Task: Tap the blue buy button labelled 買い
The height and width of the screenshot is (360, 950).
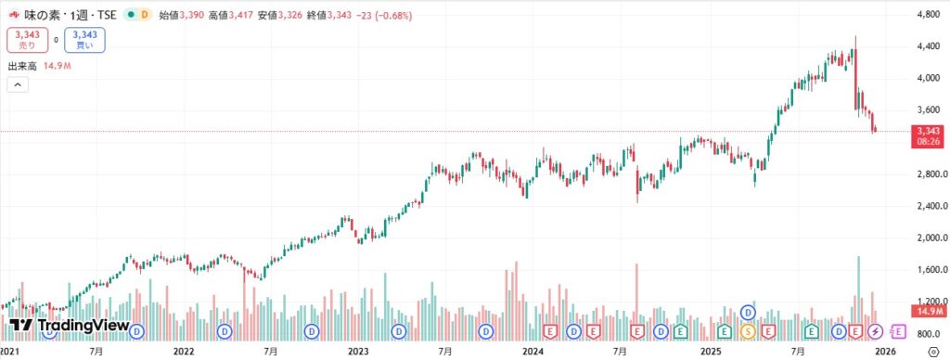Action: [84, 40]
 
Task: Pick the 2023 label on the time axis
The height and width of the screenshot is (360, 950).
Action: [358, 352]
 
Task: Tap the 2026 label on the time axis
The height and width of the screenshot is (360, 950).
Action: [885, 352]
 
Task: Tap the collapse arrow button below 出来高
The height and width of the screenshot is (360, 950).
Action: [18, 85]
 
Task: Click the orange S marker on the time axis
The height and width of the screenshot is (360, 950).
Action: [747, 330]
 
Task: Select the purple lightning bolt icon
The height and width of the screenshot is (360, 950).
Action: [876, 330]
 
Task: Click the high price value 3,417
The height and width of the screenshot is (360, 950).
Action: [239, 16]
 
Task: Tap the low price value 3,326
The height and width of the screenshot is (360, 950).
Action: [286, 16]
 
